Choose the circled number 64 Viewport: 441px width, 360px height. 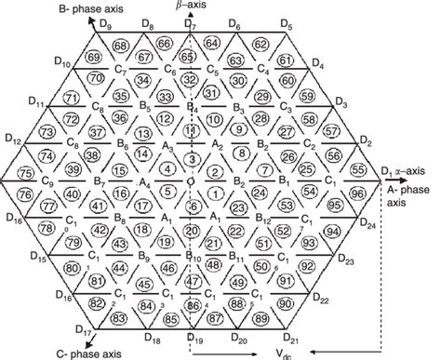tap(213, 43)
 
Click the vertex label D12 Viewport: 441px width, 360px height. tap(13, 140)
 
